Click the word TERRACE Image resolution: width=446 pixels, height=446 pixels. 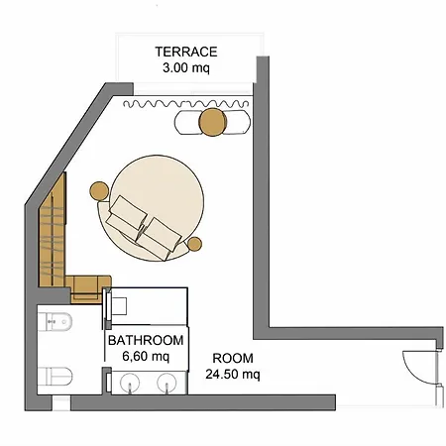point(186,52)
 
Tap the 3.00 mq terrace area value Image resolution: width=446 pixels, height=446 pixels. point(186,68)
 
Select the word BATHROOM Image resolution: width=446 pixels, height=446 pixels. point(146,340)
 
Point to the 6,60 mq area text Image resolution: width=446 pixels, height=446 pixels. point(146,357)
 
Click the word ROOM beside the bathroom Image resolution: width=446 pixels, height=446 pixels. point(233,359)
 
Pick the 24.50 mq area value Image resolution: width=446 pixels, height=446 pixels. point(233,375)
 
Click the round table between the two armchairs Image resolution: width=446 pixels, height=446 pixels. point(213,122)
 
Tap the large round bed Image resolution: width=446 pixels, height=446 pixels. point(156,207)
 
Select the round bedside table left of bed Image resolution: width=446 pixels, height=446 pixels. point(99,191)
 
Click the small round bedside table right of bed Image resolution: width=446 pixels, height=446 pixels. point(194,244)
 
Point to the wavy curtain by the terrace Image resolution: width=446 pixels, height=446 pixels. point(185,104)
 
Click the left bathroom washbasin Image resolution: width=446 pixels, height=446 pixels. point(130,384)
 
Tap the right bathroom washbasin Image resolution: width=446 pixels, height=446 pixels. point(167,384)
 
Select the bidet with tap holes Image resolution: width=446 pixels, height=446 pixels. point(55,322)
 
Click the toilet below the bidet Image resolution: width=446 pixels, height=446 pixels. point(55,377)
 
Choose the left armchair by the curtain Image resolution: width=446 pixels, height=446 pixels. point(187,122)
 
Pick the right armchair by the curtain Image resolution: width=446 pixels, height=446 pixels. point(237,122)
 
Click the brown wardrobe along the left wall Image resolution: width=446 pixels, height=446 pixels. point(53,231)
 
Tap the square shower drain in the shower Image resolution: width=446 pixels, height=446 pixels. point(120,306)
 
